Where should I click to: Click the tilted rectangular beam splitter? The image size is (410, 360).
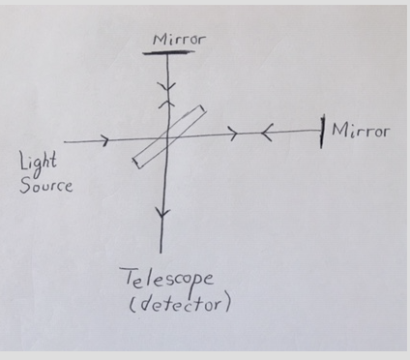pyautogui.click(x=167, y=136)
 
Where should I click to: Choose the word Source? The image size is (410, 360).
pyautogui.click(x=44, y=185)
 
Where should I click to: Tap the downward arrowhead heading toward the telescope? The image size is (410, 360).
pyautogui.click(x=161, y=219)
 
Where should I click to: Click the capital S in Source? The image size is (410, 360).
pyautogui.click(x=23, y=183)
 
